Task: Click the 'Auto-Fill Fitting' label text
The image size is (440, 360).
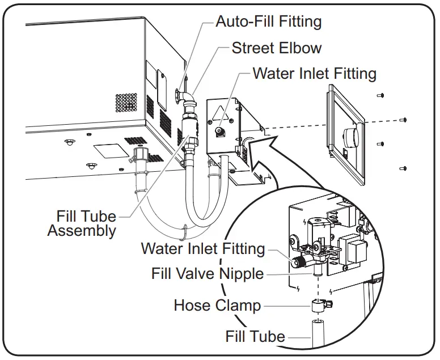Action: point(268,22)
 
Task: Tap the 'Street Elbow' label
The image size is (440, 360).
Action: point(276,48)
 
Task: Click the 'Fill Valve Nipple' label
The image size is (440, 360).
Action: point(208,274)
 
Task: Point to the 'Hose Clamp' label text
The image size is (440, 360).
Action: point(217,306)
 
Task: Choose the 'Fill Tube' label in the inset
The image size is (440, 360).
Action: point(255,336)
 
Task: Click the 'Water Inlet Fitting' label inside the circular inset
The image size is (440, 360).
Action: point(202,248)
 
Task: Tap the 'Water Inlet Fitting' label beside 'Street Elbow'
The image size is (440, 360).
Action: point(314,74)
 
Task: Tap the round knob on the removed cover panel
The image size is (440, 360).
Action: point(352,137)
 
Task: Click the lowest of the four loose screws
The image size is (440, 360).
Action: point(403,168)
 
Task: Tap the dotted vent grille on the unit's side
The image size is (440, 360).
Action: point(126,103)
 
